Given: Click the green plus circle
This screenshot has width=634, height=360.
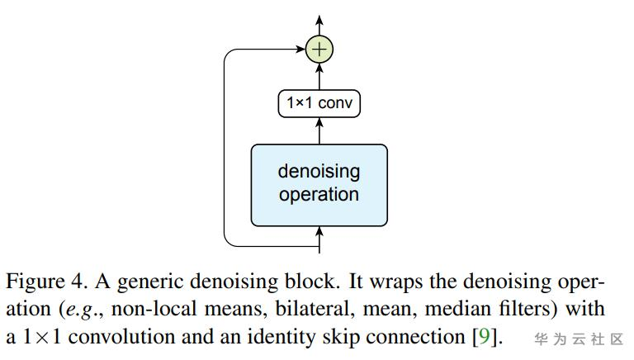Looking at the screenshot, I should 319,50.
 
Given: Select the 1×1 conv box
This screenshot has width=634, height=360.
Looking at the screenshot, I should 319,104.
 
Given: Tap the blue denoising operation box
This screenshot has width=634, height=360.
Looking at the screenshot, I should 319,184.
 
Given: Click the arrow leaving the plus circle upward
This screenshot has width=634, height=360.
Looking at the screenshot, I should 319,25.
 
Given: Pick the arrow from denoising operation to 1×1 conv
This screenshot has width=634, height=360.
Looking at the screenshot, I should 319,130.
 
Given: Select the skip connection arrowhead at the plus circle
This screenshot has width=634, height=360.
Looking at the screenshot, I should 301,50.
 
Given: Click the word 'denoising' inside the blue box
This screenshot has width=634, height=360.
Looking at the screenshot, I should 319,172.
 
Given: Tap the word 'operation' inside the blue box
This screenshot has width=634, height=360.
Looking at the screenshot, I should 319,196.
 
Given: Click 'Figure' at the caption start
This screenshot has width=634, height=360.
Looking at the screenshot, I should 32,282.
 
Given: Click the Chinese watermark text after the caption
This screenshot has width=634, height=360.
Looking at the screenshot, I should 578,339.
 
